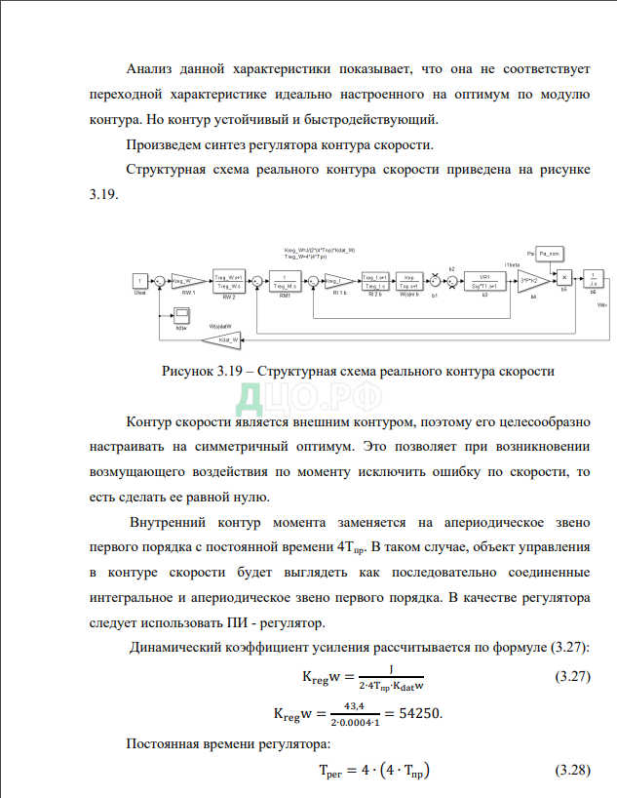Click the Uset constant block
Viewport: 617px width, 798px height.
(x=138, y=282)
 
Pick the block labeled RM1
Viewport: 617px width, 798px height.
(x=284, y=281)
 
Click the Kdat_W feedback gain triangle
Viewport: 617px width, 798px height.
(x=224, y=339)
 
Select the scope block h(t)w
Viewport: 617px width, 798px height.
(x=181, y=314)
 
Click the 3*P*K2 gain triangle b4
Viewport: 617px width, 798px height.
(x=531, y=281)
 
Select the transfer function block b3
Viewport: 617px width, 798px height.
(x=484, y=281)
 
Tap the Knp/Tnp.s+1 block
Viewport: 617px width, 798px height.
(x=409, y=281)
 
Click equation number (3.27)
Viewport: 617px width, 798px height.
(x=572, y=675)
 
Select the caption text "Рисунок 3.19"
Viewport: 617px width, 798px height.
(x=200, y=371)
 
